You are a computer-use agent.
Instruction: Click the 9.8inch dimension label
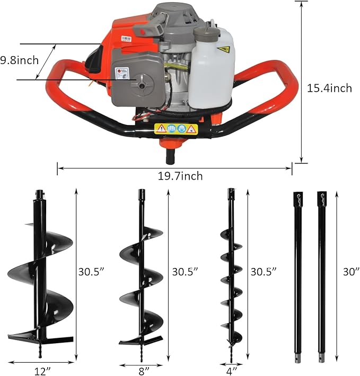point(20,60)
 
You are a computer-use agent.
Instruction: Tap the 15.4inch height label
point(329,88)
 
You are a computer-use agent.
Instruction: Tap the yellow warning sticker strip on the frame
point(175,129)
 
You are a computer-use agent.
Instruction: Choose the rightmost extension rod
point(322,275)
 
